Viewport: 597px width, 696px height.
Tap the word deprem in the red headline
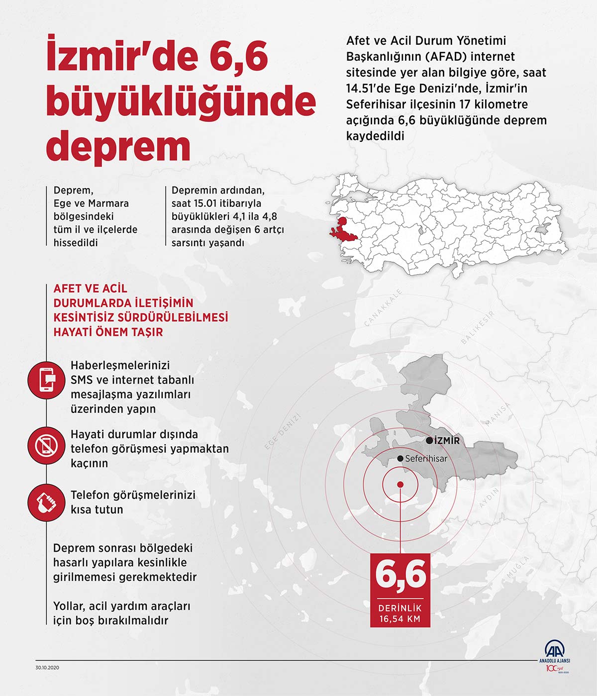[x=118, y=145]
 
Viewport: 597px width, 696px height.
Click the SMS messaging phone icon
[x=46, y=381]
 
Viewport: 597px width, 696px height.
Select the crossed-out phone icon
[x=46, y=444]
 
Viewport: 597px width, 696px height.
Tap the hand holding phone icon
[x=46, y=502]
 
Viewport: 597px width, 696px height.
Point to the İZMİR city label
[x=447, y=441]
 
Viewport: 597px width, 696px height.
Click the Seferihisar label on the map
[x=426, y=459]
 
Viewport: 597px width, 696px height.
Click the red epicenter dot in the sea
[x=400, y=485]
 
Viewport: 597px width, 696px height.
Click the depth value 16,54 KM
[x=400, y=619]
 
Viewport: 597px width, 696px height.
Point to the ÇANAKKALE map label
[x=383, y=307]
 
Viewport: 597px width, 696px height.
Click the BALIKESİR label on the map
[x=478, y=327]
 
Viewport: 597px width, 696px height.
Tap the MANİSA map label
[x=498, y=414]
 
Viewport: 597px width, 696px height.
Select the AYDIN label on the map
[x=489, y=498]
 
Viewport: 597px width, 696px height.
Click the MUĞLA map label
[x=518, y=568]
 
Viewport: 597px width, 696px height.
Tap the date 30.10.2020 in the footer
[x=47, y=668]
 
